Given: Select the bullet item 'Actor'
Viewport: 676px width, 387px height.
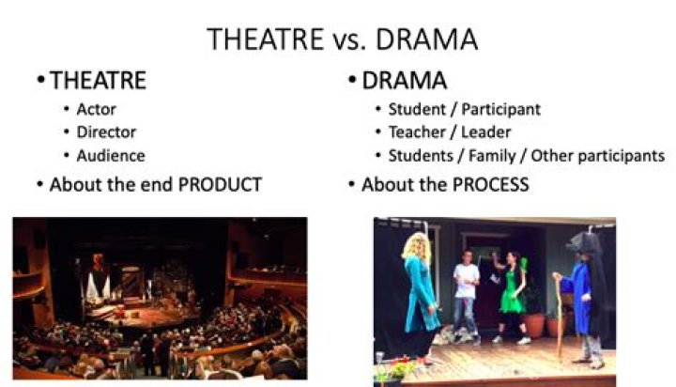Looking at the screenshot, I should (96, 109).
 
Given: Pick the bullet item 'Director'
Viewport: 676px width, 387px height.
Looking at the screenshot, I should (106, 132).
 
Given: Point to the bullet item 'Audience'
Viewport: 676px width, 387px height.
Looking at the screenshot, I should (111, 156).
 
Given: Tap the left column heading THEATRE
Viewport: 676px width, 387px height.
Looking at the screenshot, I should (99, 81).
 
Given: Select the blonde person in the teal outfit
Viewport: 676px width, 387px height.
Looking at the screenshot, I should (419, 291).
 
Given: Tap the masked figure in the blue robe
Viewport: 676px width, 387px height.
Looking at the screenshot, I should (582, 291).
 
